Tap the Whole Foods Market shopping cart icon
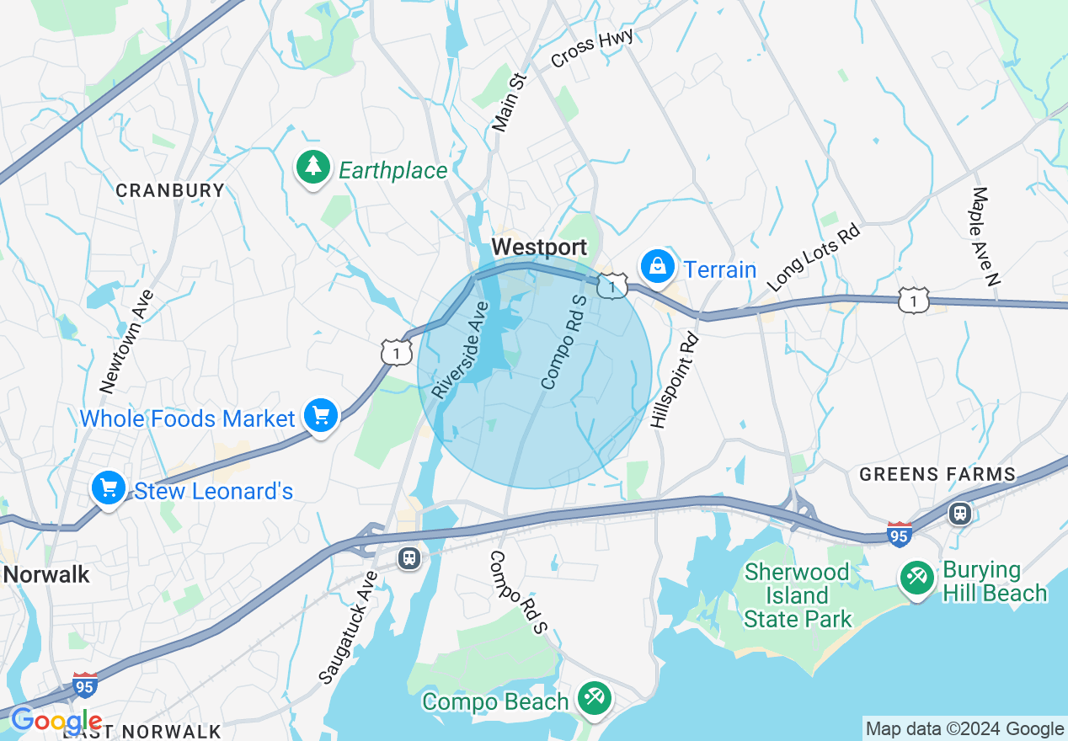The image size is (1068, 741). [x=321, y=416]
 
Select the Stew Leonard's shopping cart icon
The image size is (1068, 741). [x=109, y=488]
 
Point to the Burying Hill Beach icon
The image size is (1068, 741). [x=916, y=578]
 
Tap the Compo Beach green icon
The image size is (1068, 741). [x=595, y=699]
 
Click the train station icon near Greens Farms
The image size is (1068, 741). [x=959, y=513]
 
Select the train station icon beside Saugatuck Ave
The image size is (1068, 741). [x=409, y=558]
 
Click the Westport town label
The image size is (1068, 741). [x=539, y=248]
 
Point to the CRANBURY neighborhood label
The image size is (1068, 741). [x=170, y=190]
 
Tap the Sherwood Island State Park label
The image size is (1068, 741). [x=797, y=596]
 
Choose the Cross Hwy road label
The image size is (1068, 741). [x=580, y=49]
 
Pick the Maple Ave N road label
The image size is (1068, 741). [x=985, y=237]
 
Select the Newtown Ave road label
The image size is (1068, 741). [x=127, y=341]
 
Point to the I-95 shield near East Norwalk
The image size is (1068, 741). [x=84, y=684]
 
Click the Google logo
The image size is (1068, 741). [x=56, y=722]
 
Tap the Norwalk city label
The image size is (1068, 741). [x=45, y=575]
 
